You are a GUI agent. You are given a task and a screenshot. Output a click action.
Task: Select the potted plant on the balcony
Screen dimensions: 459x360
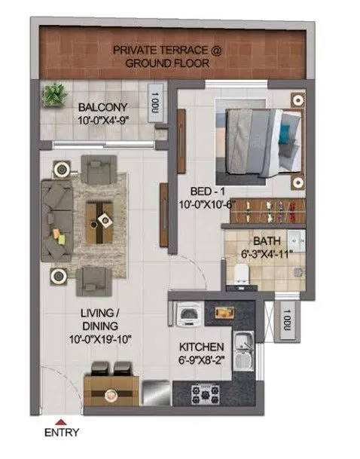pyautogui.click(x=53, y=95)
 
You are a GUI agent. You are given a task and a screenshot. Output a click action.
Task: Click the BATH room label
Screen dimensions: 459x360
pyautogui.click(x=265, y=242)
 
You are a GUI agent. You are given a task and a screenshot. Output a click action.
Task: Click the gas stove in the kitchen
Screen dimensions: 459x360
pyautogui.click(x=203, y=392)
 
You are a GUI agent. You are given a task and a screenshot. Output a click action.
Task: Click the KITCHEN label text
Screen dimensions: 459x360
pyautogui.click(x=200, y=348)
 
